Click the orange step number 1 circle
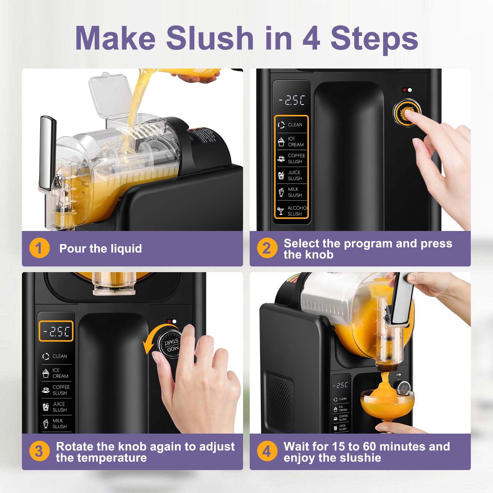39,248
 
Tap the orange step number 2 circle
267,248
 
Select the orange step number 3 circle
39,451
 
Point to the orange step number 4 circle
267,451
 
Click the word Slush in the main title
210,38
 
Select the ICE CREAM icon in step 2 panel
281,142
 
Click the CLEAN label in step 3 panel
59,356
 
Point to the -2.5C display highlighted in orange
56,331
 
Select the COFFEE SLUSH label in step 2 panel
296,158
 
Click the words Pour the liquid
101,248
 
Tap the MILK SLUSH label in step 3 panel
59,423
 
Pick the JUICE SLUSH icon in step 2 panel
281,176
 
